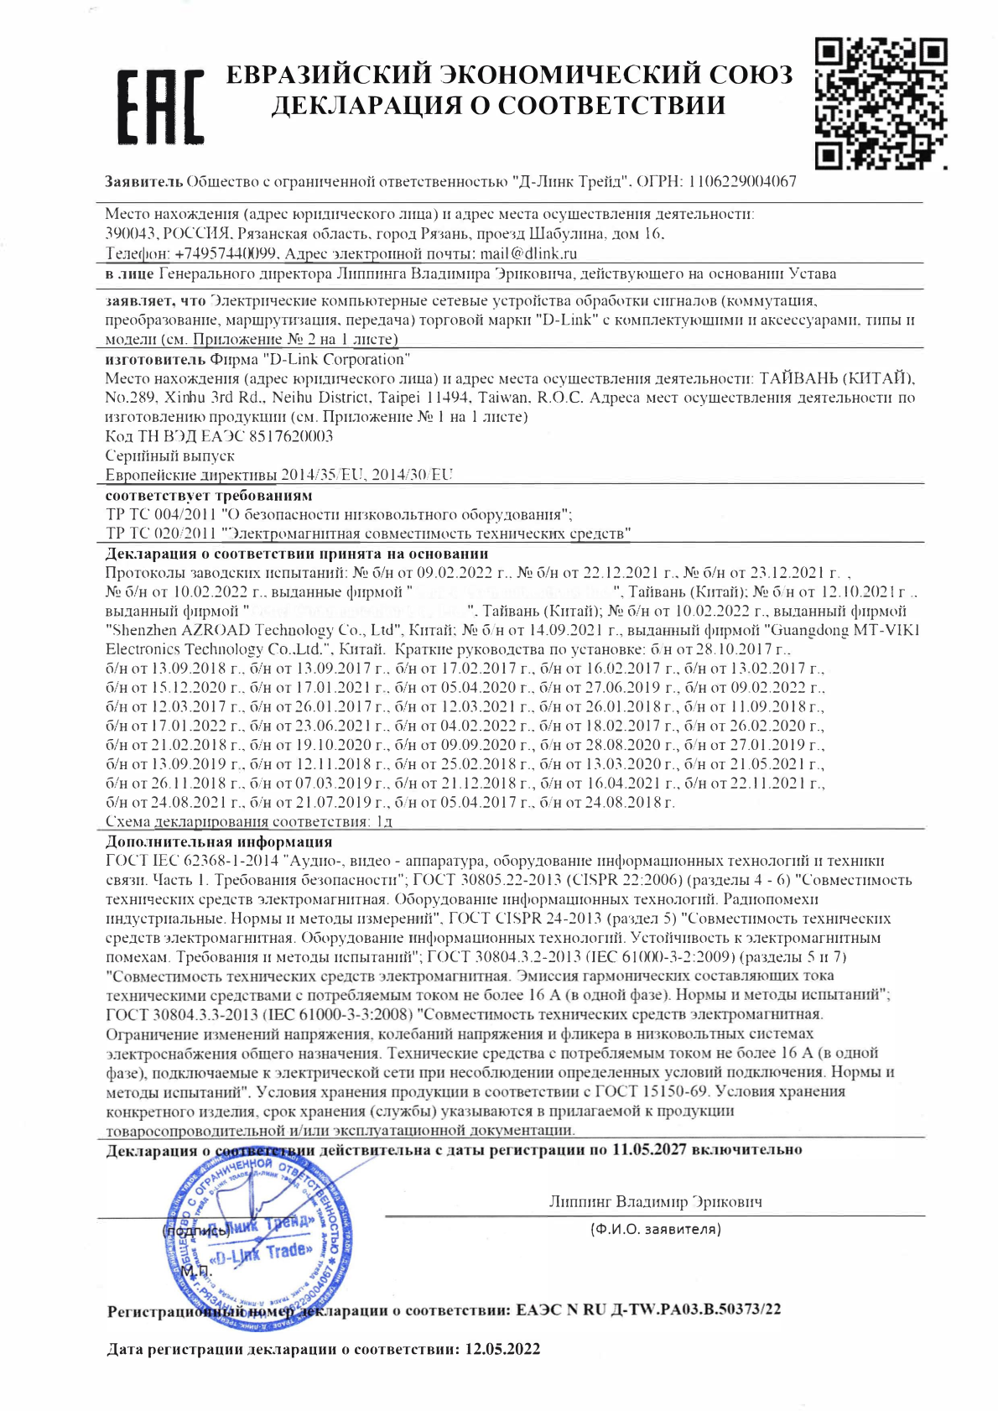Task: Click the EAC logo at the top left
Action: [x=160, y=107]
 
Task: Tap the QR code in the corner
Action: [x=881, y=102]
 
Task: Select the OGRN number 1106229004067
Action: [x=742, y=182]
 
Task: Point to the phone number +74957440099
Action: [x=227, y=253]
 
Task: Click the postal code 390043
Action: [x=130, y=234]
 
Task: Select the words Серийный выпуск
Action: [x=170, y=456]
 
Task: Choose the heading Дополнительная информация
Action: [x=219, y=841]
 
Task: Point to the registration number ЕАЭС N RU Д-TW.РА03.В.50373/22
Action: [x=648, y=1309]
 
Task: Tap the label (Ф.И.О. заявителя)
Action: [x=655, y=1230]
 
